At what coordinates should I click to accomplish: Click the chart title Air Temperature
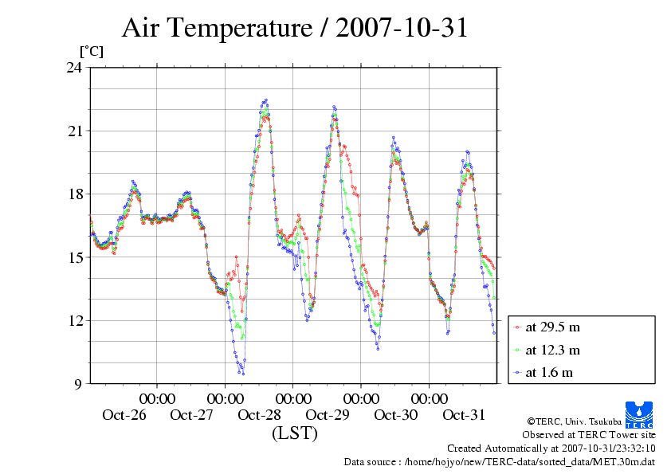[x=294, y=29]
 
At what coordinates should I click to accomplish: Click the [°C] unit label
[x=90, y=51]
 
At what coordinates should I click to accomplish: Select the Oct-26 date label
[x=124, y=415]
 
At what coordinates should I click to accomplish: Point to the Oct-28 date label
[x=260, y=415]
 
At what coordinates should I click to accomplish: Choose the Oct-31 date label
[x=464, y=415]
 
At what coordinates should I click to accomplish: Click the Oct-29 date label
[x=328, y=415]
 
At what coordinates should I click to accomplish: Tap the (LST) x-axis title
[x=294, y=434]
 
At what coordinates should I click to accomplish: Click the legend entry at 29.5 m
[x=552, y=327]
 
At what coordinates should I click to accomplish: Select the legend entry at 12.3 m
[x=552, y=350]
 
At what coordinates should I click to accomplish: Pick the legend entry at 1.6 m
[x=549, y=372]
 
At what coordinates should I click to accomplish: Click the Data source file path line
[x=499, y=461]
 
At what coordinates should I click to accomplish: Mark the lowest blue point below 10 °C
[x=243, y=374]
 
